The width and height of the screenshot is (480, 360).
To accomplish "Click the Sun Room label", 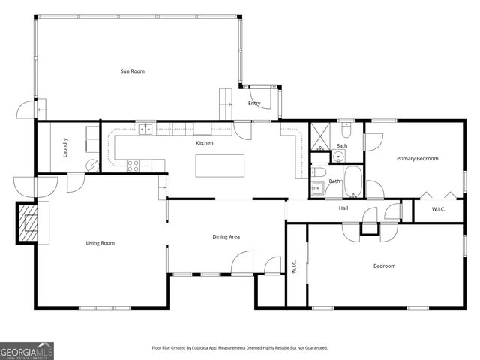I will (132, 71).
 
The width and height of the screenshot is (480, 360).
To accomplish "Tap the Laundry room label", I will (66, 146).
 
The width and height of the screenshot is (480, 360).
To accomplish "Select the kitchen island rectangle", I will (220, 166).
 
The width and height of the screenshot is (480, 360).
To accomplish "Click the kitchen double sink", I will (145, 130).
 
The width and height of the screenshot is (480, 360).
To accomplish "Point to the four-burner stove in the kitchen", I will (134, 166).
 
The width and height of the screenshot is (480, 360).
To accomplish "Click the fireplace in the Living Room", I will (28, 223).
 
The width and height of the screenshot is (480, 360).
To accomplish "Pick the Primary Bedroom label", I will (417, 158).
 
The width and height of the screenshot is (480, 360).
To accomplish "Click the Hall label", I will (343, 208).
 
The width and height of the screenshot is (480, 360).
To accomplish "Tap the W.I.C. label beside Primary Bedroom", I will (438, 209).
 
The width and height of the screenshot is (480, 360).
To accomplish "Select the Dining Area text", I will (226, 236).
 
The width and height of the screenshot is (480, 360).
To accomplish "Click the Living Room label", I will (100, 242).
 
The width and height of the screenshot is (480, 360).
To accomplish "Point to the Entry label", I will (254, 103).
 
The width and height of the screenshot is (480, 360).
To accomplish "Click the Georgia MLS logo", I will (27, 350).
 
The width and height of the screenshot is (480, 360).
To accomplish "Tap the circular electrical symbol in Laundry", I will (91, 166).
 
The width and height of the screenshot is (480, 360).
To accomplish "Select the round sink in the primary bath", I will (338, 157).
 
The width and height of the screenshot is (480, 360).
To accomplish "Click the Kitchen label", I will (204, 142).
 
